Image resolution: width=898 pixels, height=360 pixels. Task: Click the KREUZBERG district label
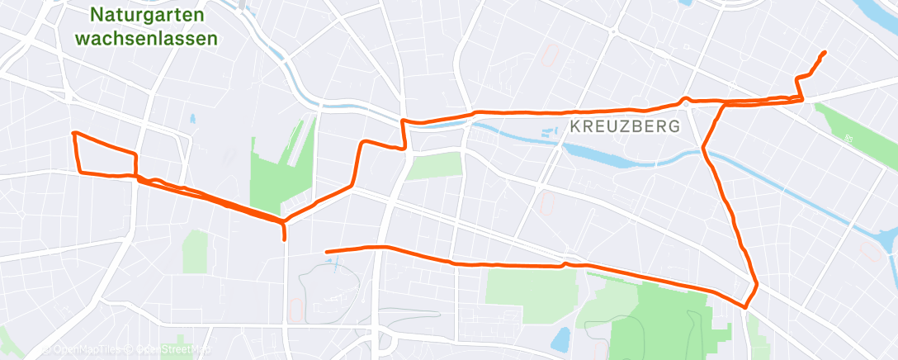click(624, 126)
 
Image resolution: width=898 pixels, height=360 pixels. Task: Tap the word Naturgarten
click(149, 14)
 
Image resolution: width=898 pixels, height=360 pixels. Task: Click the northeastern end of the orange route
click(825, 53)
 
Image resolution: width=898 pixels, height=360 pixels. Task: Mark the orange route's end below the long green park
click(328, 251)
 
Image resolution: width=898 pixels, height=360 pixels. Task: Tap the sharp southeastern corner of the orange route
click(745, 307)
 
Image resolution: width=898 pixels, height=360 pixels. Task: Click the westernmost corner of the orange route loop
click(74, 133)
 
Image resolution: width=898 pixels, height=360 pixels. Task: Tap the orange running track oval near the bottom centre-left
click(295, 309)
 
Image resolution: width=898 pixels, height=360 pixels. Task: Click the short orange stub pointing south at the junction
click(285, 232)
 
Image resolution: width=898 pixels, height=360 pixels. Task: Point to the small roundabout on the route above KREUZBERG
click(685, 102)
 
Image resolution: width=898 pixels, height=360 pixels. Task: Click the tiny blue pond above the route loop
click(192, 119)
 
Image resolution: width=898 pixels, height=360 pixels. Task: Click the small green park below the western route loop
click(196, 250)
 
